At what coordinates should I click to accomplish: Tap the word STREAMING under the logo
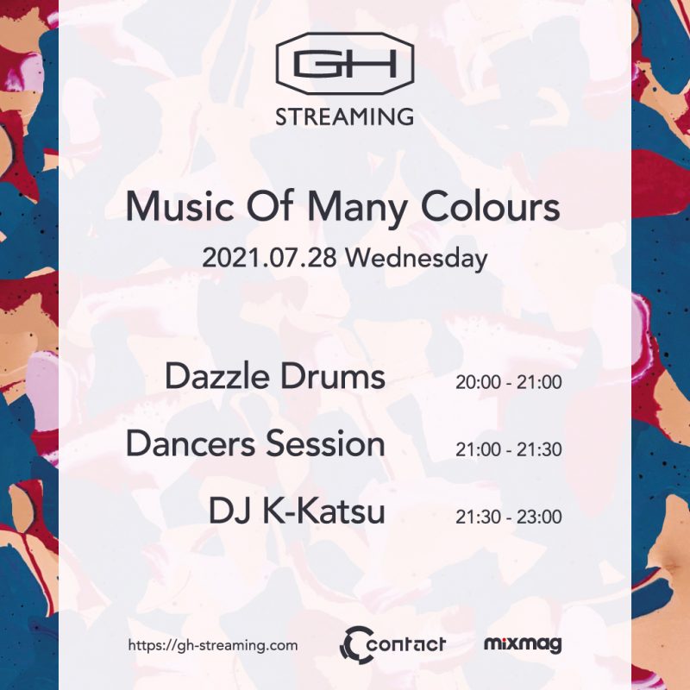point(344,117)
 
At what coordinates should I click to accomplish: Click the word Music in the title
point(179,207)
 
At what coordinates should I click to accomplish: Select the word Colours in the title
point(490,207)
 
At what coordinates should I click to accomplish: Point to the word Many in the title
point(356,210)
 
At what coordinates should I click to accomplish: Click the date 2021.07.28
point(269,258)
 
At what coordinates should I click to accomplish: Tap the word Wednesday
point(417,258)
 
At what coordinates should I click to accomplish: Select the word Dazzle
point(217,376)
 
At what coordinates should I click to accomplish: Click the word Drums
point(333,376)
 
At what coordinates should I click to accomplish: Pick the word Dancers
point(191,443)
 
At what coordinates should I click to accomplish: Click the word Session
point(325,443)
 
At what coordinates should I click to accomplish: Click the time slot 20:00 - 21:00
point(508,382)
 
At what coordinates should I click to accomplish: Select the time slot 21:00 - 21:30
point(508,449)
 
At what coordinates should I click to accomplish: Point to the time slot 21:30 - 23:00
point(508,517)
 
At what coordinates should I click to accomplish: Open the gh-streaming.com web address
point(212,645)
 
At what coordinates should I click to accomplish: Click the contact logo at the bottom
point(392,644)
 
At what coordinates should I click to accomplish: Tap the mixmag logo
point(523,644)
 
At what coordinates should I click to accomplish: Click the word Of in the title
point(270,206)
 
